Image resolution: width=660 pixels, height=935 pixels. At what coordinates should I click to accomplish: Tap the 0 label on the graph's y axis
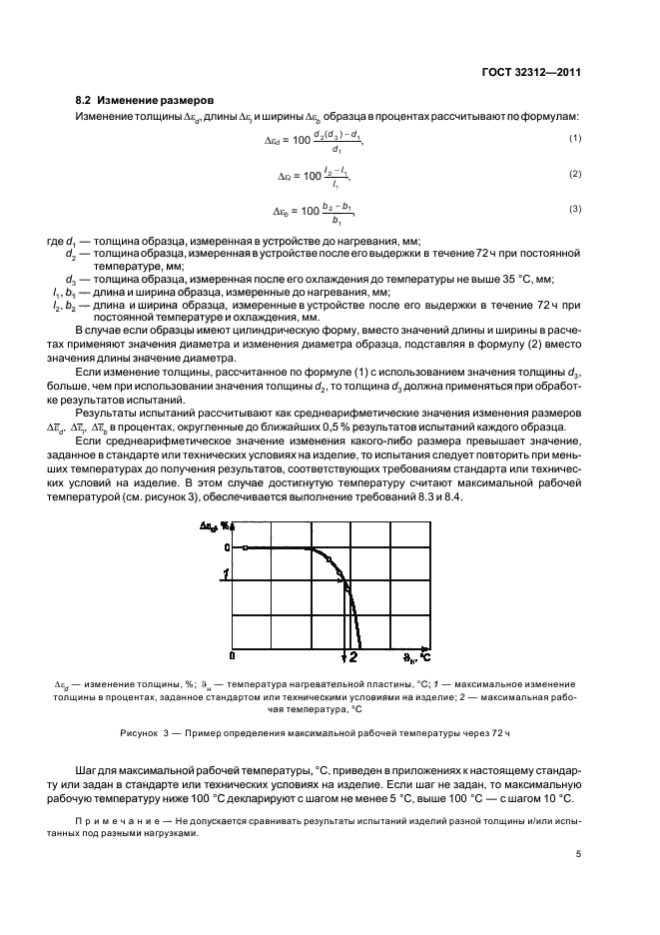pyautogui.click(x=228, y=547)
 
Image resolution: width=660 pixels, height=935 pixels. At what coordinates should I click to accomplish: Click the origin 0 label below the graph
pyautogui.click(x=233, y=656)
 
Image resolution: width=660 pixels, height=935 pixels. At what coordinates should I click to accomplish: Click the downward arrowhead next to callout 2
pyautogui.click(x=343, y=655)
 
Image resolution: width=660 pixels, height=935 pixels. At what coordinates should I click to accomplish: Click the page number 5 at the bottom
pyautogui.click(x=579, y=853)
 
